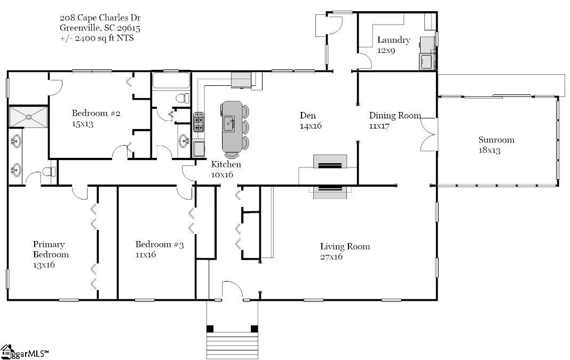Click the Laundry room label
point(394,40)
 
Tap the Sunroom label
point(496,140)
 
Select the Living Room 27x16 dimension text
point(331,257)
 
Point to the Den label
point(307,116)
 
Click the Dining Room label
point(395,116)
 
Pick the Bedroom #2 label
point(96,114)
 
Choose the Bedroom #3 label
point(160,244)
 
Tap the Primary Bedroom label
point(51,249)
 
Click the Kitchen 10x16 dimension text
point(222,175)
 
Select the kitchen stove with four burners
point(199,122)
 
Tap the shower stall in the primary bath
point(28,117)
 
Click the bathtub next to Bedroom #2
point(171,81)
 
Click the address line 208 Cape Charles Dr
point(100,18)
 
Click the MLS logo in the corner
point(25,352)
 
